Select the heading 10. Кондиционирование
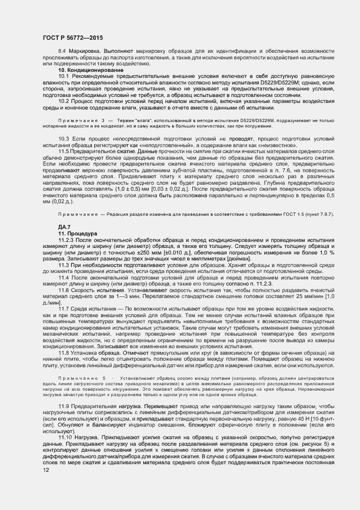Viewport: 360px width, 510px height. pyautogui.click(x=91, y=70)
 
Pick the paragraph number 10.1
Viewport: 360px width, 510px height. pyautogui.click(x=64, y=76)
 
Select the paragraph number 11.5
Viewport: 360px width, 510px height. pyautogui.click(x=64, y=150)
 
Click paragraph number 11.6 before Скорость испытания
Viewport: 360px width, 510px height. pyautogui.click(x=64, y=291)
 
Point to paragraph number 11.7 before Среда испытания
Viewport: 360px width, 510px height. pyautogui.click(x=64, y=308)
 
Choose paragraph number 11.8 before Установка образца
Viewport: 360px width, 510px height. pyautogui.click(x=64, y=352)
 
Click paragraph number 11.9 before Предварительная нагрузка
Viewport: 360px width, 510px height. pyautogui.click(x=64, y=406)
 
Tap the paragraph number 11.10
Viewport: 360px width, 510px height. pyautogui.click(x=65, y=438)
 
